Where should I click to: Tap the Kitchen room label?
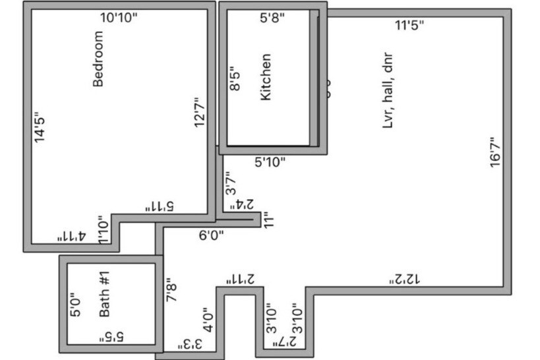pos(266,77)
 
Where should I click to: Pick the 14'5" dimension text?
pos(40,127)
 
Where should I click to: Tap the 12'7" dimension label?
pos(201,113)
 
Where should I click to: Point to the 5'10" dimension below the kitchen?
pos(270,162)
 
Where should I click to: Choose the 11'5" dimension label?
pos(409,26)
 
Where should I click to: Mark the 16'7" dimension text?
pos(496,152)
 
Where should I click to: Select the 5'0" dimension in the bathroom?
pos(76,305)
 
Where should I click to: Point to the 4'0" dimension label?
pos(208,319)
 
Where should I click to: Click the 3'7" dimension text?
pos(231,182)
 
